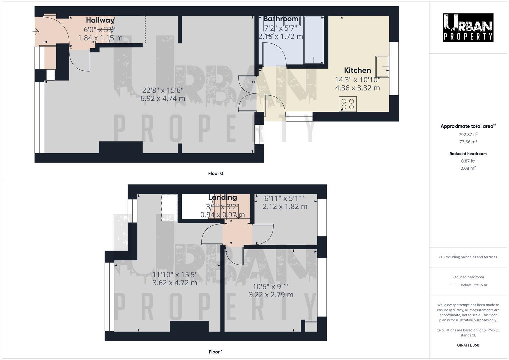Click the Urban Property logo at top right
coord(468,27)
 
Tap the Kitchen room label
coord(357,70)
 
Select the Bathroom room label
coord(280,19)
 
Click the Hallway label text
coord(100,20)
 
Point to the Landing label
coord(222,197)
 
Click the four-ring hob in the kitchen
coord(347,104)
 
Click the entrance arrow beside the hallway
coord(36,32)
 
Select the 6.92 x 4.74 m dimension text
coord(163,98)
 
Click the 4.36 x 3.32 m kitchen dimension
coord(357,88)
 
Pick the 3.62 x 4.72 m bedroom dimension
coord(175,283)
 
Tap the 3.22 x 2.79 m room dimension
coord(271,295)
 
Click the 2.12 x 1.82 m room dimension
coord(285,207)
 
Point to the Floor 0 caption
coord(215,173)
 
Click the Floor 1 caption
coord(215,352)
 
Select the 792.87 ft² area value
coord(468,135)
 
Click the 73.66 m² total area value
coord(468,142)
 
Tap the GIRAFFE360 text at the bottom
coord(468,345)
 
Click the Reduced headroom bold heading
coord(468,154)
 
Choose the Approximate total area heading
coord(468,126)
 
